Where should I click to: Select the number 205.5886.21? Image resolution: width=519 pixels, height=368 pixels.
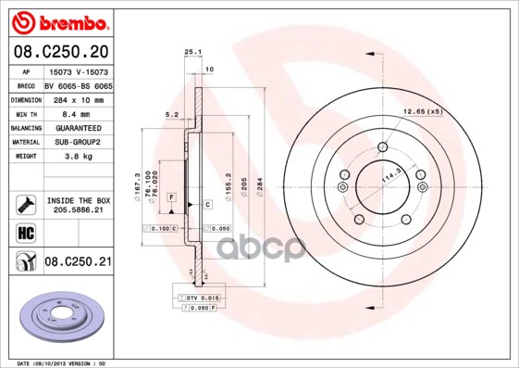point(78,211)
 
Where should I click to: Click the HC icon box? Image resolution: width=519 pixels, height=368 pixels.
point(25,233)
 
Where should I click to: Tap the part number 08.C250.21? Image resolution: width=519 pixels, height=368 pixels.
point(78,263)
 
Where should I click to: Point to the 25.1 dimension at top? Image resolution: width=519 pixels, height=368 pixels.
point(192,53)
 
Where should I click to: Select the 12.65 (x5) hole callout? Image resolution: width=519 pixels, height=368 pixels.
point(422,111)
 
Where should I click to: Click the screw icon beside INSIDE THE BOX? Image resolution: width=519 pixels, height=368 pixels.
point(25,204)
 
